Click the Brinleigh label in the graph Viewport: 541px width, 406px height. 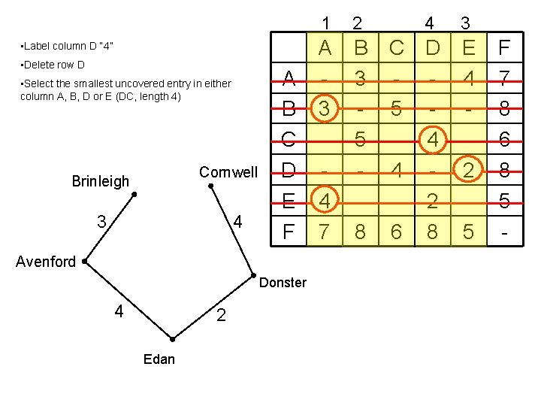pos(100,181)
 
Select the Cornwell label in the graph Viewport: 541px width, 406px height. pos(228,172)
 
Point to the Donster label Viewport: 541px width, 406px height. pos(283,283)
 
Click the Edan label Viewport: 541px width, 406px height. pos(159,359)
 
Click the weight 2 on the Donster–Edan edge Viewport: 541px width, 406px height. pos(221,315)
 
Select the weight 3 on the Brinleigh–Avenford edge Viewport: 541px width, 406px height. pos(101,223)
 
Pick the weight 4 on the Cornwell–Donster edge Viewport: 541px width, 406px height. pos(238,223)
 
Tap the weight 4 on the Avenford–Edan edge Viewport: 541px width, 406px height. pos(119,311)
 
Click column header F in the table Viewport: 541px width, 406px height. pos(505,49)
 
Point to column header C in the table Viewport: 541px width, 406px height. pos(397,49)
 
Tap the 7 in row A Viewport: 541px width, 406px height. pos(505,78)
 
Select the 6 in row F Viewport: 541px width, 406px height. pos(397,232)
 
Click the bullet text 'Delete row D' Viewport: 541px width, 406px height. pos(53,65)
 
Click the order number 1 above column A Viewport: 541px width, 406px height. pos(325,23)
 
